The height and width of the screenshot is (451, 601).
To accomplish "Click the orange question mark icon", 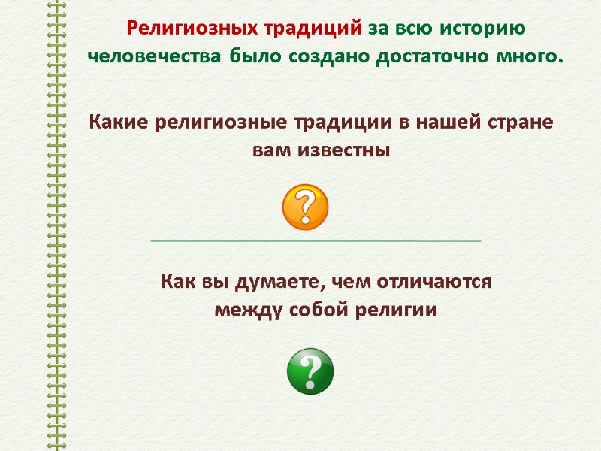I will [x=305, y=207].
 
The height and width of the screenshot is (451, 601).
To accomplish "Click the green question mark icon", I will [x=310, y=371].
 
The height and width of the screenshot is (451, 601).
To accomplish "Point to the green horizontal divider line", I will [x=316, y=240].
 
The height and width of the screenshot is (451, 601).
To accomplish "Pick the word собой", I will [x=315, y=310].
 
